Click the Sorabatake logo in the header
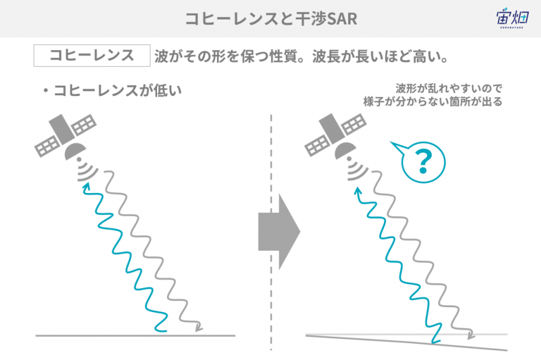tap(512, 18)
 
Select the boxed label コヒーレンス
tap(92, 55)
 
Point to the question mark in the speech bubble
tap(423, 161)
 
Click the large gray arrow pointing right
tap(279, 232)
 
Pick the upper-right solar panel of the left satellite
tap(85, 124)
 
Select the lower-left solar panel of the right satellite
tap(317, 146)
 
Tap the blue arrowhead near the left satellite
tap(86, 187)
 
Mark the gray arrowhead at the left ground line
tap(199, 327)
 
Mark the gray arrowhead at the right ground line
tap(471, 334)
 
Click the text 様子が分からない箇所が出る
tap(433, 102)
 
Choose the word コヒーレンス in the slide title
tap(232, 18)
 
